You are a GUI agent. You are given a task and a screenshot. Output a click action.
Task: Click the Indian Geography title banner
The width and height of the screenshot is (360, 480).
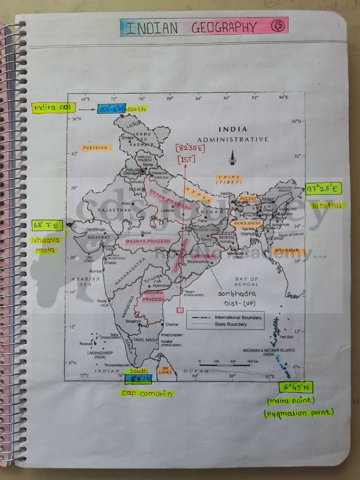(x=204, y=27)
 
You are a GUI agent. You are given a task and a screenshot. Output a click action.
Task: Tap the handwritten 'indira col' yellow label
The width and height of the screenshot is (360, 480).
(x=53, y=108)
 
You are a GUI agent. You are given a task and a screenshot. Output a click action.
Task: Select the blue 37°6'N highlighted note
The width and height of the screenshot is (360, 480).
(x=112, y=108)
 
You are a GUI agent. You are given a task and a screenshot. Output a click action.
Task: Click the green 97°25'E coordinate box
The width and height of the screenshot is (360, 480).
(x=323, y=189)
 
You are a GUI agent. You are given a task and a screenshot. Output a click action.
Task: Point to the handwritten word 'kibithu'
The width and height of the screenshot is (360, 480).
(x=328, y=206)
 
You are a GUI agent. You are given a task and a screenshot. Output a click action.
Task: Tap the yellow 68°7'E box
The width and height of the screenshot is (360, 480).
(x=47, y=226)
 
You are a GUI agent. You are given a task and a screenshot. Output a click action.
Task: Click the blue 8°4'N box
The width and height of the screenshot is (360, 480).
(x=138, y=379)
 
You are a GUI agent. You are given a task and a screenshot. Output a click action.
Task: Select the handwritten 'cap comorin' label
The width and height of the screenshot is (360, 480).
(x=147, y=394)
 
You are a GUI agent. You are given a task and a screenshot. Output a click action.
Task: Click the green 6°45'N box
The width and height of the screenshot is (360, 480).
(x=296, y=388)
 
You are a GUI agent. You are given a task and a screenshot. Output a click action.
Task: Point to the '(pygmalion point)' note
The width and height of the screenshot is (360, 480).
(x=299, y=413)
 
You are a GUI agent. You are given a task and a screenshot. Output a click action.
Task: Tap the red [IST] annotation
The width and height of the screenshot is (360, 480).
(x=186, y=160)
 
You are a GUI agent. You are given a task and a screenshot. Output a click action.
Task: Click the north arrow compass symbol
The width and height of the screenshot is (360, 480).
(x=232, y=158)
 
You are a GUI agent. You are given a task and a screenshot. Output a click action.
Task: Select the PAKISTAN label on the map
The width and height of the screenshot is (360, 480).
(x=97, y=148)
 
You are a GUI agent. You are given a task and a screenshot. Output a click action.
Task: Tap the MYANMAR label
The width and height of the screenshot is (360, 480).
(x=287, y=251)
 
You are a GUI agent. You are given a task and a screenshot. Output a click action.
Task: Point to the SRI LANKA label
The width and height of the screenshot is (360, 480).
(x=165, y=370)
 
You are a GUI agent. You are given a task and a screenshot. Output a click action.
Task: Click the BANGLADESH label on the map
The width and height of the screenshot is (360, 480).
(x=246, y=224)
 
